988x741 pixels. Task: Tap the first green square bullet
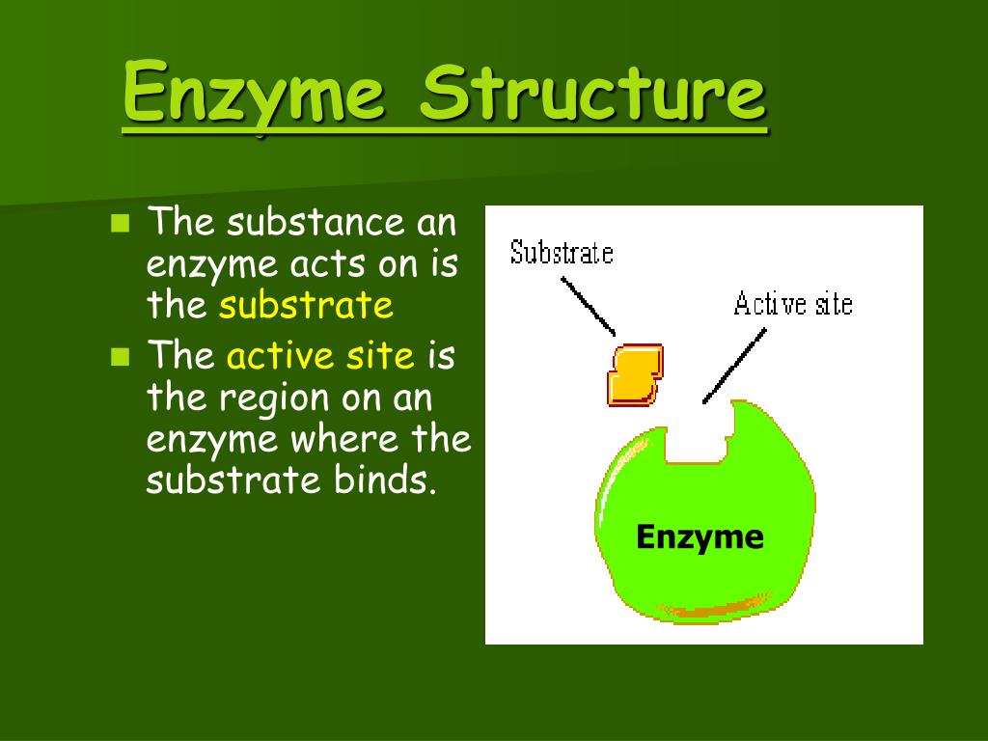pos(120,225)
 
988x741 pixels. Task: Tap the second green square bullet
pos(120,357)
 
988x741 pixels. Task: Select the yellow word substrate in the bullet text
pos(306,306)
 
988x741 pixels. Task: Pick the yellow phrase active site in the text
pos(320,356)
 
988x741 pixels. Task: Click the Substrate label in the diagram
pos(562,253)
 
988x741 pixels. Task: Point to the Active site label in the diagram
pos(793,304)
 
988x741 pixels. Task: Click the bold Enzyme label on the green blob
pos(700,536)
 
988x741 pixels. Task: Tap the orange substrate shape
pos(634,373)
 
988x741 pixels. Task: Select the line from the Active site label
pos(735,365)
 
